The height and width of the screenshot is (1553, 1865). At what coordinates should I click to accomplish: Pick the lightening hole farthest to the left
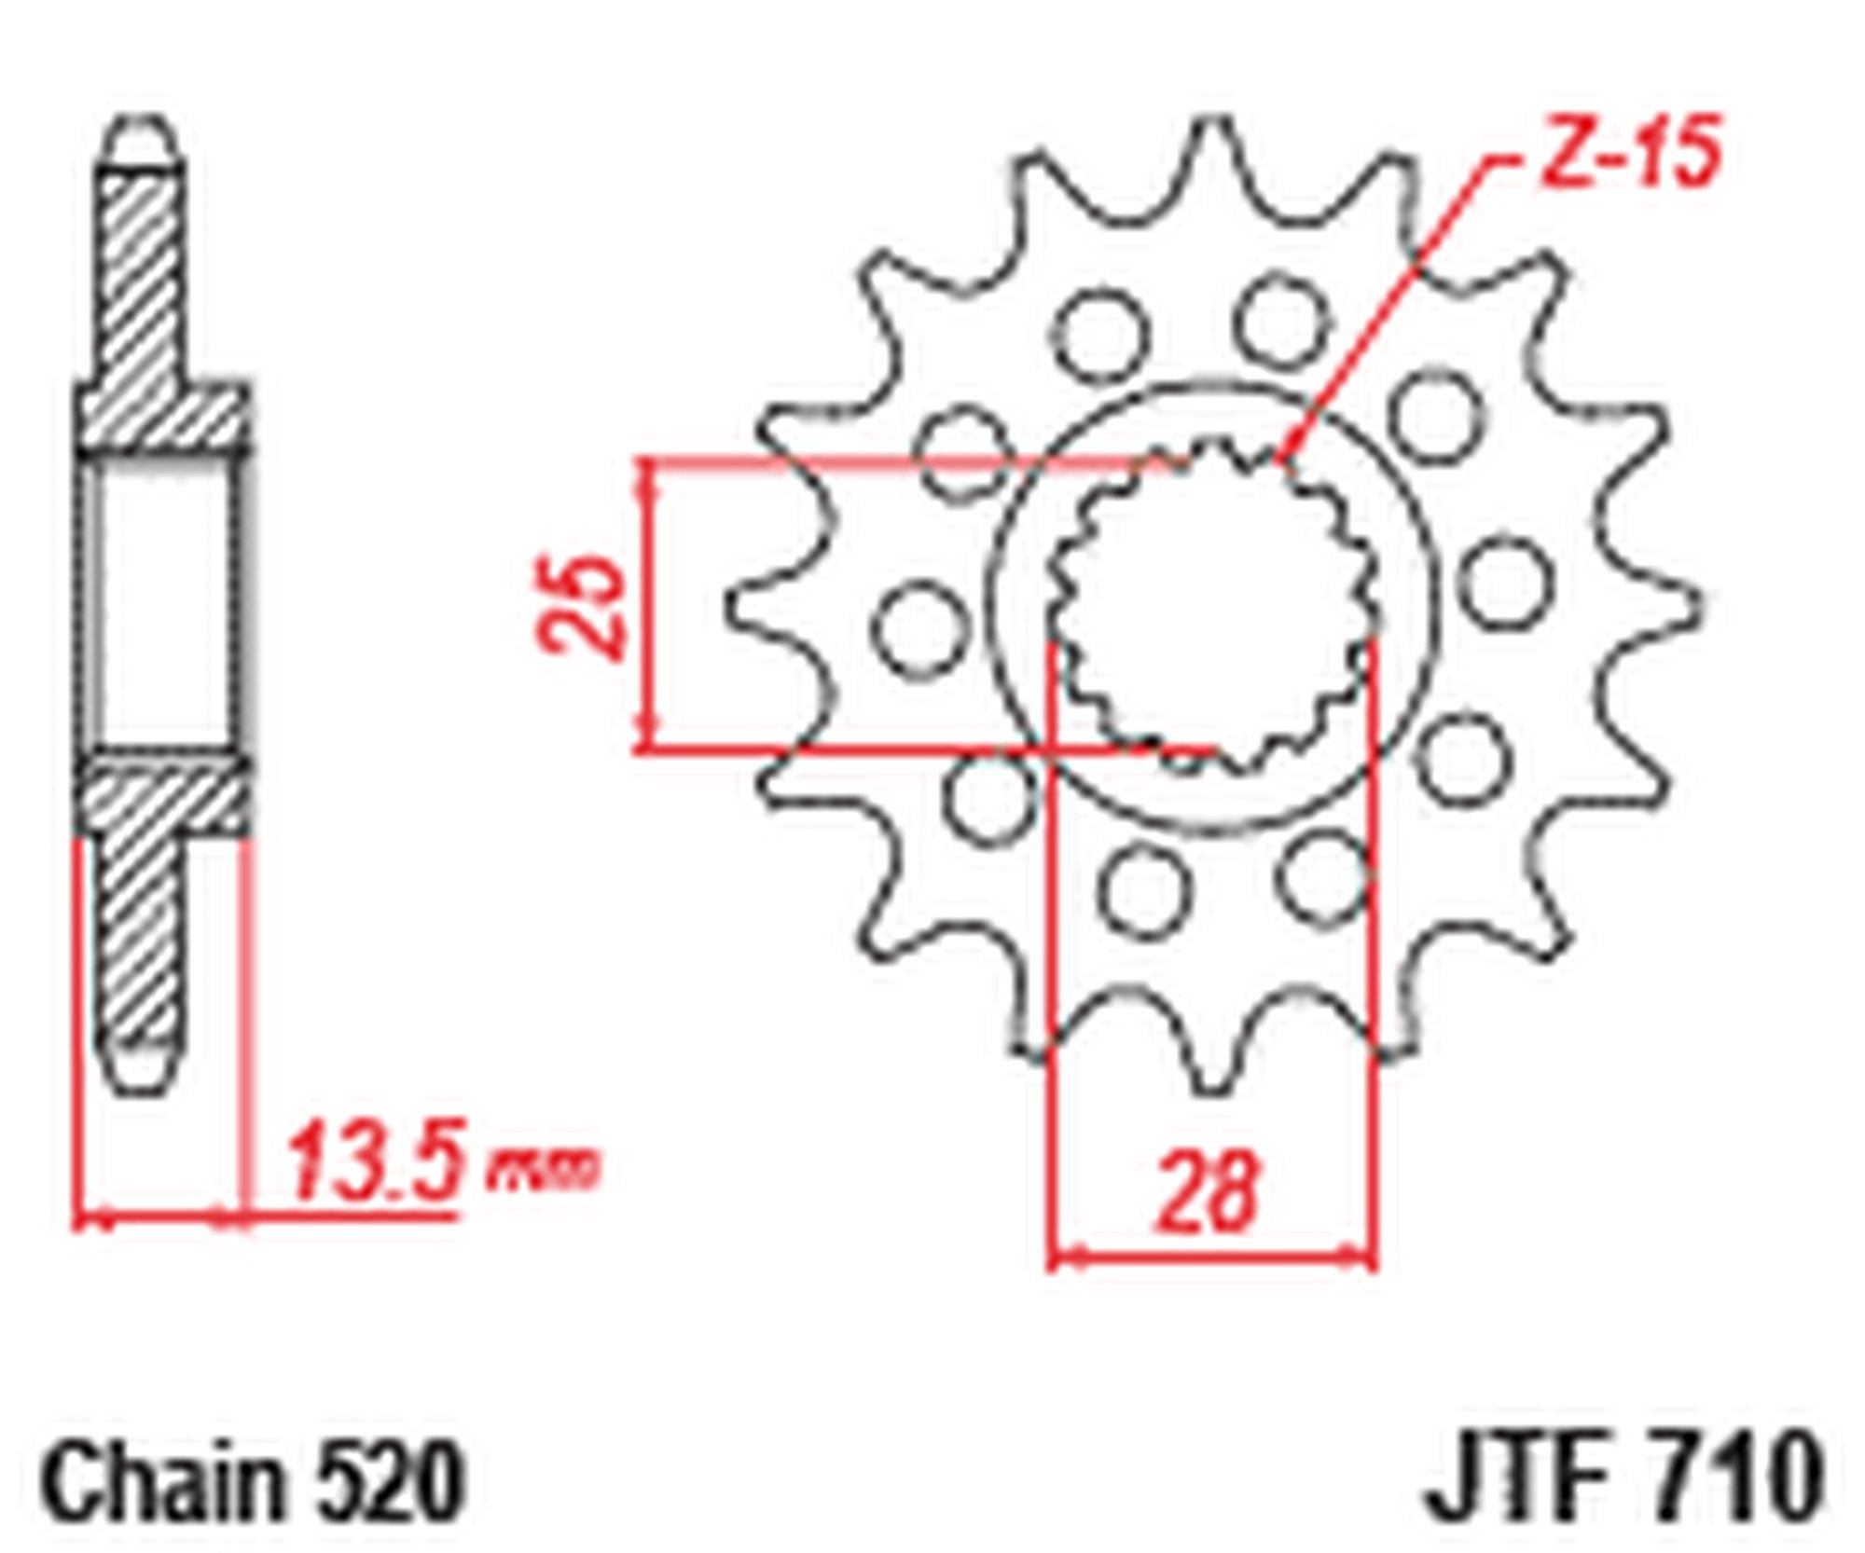point(919,626)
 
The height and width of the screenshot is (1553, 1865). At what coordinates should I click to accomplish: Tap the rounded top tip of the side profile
point(143,131)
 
